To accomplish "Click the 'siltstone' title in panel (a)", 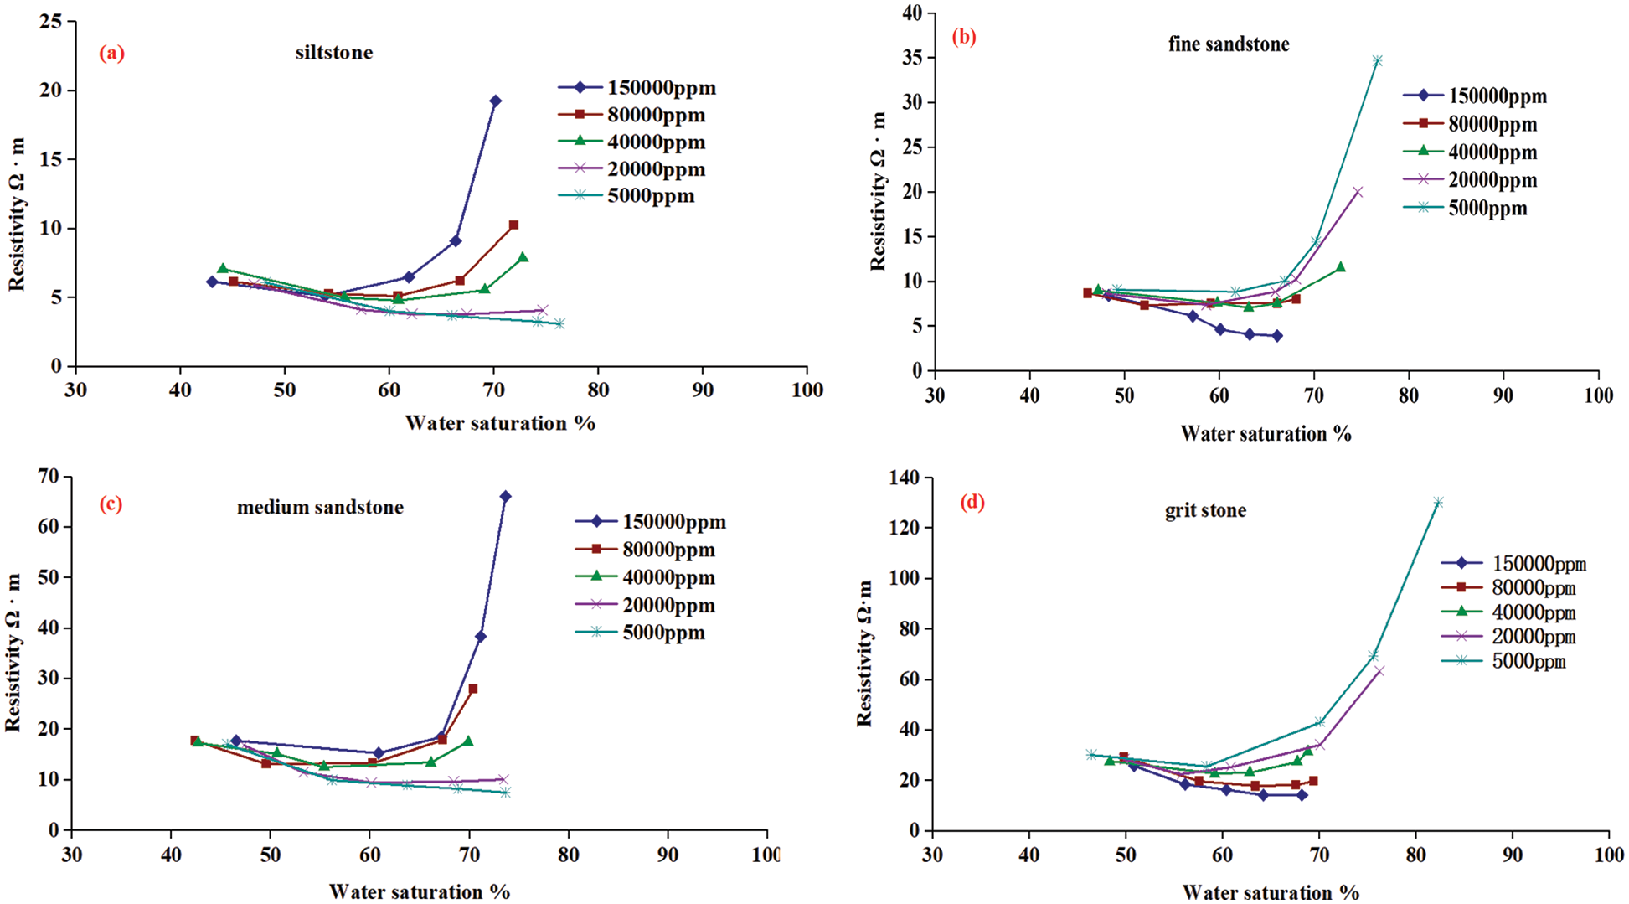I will [333, 53].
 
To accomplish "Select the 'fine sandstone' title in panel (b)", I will [1229, 44].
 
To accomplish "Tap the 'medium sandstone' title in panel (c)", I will [320, 508].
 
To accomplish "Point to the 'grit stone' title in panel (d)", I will [1205, 510].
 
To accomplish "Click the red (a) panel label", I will [111, 54].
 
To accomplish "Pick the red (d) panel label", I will [972, 503].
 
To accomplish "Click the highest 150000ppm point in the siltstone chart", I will [495, 101].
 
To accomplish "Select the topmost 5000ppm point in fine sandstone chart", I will [1377, 61].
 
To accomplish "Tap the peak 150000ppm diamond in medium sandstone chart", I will [505, 497].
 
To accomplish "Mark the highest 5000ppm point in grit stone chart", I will [1438, 503].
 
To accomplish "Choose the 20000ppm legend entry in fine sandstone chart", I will [1472, 180].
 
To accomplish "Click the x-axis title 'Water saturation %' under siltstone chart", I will [500, 423].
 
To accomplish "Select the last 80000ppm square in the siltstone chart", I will [513, 225].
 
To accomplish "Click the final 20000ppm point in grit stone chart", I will [1379, 670].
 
